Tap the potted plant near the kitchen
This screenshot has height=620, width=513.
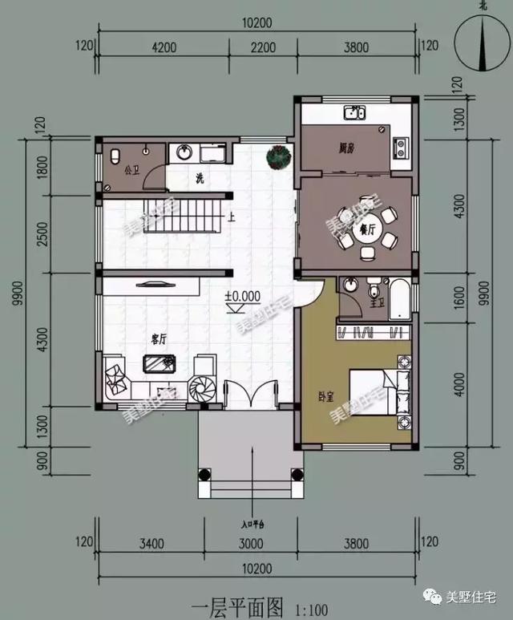click(278, 156)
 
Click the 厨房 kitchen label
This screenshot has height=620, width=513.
click(346, 148)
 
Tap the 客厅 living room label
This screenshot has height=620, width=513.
click(158, 339)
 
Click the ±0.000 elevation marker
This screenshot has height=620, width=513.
click(242, 296)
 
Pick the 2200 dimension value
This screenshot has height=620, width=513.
click(263, 48)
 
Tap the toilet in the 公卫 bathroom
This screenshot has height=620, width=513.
click(115, 154)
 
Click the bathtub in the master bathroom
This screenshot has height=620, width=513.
click(398, 298)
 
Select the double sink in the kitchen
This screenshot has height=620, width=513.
click(355, 113)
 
